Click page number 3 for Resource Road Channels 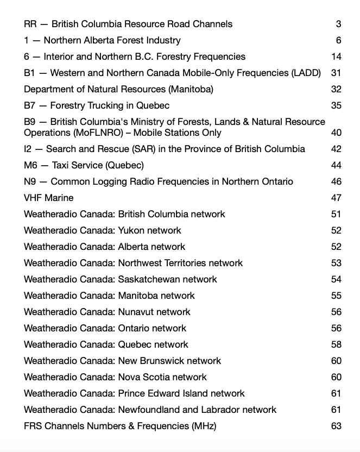pos(338,24)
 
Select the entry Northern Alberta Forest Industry pos(102,40)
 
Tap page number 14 pos(336,56)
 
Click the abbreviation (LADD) pos(304,73)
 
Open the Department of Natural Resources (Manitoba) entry pos(118,89)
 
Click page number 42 pos(336,149)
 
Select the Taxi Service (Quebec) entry pos(84,165)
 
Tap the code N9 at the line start pos(30,181)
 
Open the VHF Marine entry pos(49,198)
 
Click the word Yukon pos(131,230)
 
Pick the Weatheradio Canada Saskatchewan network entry pos(120,279)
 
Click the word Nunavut pos(137,312)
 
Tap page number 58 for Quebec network pos(336,344)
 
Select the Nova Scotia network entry pos(115,377)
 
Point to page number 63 pos(336,426)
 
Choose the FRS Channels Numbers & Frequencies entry pos(120,426)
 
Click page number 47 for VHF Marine pos(336,198)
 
